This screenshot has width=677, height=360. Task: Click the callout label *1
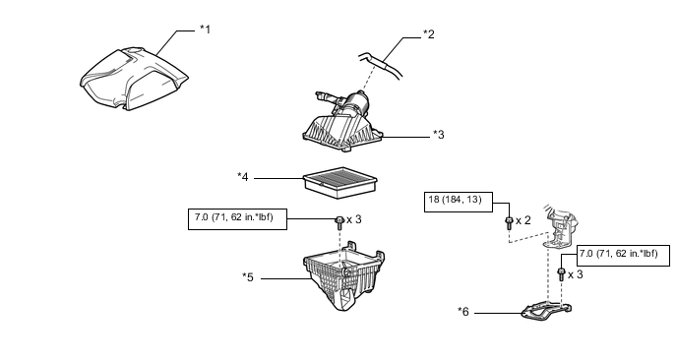205,30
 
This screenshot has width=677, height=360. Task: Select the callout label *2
429,34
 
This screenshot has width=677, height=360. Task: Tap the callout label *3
439,135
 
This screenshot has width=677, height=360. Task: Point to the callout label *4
243,177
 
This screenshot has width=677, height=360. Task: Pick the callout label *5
248,277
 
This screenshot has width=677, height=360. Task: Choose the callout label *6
463,312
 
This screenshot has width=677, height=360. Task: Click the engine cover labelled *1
134,79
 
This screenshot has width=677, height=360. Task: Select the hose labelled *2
381,65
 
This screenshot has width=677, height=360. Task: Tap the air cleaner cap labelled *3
342,123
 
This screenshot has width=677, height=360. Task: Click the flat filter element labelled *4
340,183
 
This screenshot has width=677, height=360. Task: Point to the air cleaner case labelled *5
344,275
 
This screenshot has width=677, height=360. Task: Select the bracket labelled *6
546,312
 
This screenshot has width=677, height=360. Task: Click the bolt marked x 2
509,222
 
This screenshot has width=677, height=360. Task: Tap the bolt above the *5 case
339,222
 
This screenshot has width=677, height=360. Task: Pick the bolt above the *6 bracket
561,274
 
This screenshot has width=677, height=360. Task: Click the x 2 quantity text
523,220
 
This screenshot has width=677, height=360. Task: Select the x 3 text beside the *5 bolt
354,219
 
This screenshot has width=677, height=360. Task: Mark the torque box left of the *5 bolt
237,218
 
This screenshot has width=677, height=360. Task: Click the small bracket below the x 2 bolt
561,227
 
